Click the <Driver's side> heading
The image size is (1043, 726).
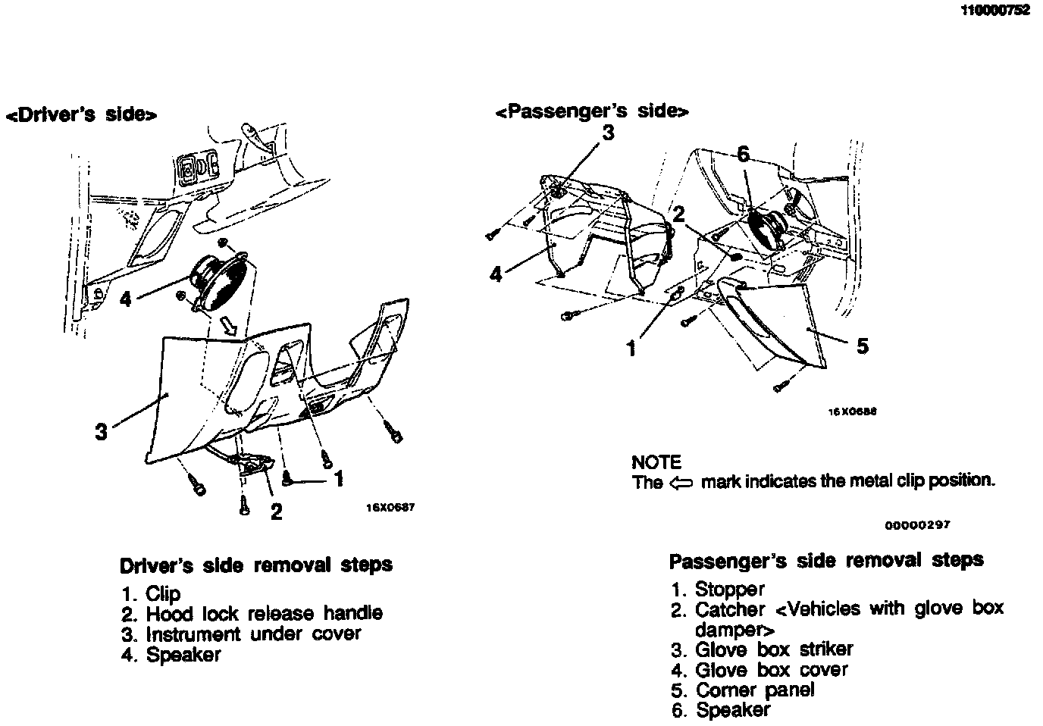(x=81, y=114)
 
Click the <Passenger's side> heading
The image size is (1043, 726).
(x=592, y=111)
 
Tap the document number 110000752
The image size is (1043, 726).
(x=995, y=11)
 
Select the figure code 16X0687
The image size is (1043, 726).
(x=390, y=508)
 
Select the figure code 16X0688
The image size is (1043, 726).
(x=852, y=412)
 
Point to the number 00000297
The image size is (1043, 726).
(x=917, y=524)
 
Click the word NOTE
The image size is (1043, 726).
(x=656, y=462)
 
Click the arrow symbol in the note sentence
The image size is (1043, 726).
(x=682, y=482)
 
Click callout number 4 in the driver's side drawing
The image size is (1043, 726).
(x=125, y=300)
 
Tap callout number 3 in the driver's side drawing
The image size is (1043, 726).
(x=101, y=432)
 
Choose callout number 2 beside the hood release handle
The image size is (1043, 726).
(x=277, y=512)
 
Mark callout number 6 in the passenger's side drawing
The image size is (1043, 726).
(x=743, y=155)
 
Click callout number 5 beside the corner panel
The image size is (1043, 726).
(x=862, y=346)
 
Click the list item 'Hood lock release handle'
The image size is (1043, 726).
(x=263, y=613)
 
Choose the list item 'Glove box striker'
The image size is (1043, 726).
(x=773, y=649)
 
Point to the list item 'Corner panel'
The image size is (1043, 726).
(x=754, y=690)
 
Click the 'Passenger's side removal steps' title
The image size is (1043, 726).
(x=825, y=561)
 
